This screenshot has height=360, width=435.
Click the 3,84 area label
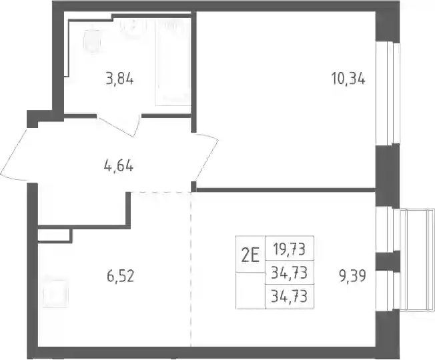pyautogui.click(x=120, y=79)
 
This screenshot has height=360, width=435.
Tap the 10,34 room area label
pyautogui.click(x=348, y=78)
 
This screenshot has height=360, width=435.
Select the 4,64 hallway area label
pyautogui.click(x=119, y=167)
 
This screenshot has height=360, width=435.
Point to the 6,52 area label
pyautogui.click(x=120, y=276)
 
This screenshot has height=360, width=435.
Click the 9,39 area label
pyautogui.click(x=352, y=275)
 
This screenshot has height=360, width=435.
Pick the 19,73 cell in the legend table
pyautogui.click(x=290, y=248)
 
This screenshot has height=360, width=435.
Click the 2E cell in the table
pyautogui.click(x=250, y=254)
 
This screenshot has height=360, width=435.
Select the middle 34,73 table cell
pyautogui.click(x=290, y=273)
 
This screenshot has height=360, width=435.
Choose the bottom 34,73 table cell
pyautogui.click(x=290, y=296)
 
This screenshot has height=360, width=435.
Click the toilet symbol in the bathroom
pyautogui.click(x=92, y=41)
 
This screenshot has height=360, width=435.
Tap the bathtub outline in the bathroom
pyautogui.click(x=173, y=63)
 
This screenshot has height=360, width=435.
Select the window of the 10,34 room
pyautogui.click(x=388, y=93)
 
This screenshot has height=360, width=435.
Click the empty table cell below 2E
pyautogui.click(x=250, y=291)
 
